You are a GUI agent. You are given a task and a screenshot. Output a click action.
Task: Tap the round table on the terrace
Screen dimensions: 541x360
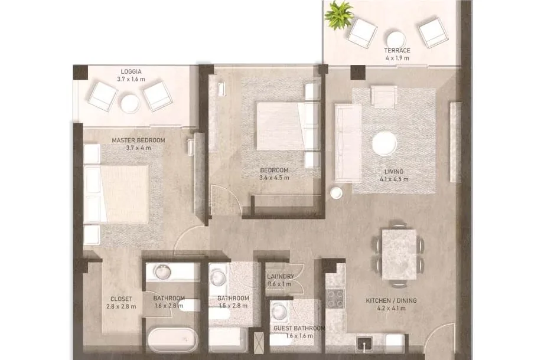395,40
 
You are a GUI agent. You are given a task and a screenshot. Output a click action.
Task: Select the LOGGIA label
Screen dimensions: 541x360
131,72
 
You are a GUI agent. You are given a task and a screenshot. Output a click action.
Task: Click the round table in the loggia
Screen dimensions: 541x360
131,103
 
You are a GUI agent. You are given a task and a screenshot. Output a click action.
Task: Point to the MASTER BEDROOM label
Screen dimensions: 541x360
138,140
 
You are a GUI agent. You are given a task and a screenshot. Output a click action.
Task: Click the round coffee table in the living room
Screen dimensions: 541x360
384,143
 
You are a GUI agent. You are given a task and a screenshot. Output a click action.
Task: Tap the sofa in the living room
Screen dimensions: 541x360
348,143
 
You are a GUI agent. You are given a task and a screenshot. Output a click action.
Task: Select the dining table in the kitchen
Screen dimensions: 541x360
399,255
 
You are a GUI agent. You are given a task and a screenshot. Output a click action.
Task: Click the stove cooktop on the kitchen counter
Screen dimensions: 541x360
335,298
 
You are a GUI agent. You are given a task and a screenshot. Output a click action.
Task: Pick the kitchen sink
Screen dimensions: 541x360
364,343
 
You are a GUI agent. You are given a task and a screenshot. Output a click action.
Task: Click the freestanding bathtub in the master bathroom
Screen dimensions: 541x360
172,340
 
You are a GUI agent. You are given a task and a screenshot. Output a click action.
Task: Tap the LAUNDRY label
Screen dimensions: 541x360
281,277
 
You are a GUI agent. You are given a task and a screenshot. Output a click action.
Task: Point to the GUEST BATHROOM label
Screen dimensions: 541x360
299,328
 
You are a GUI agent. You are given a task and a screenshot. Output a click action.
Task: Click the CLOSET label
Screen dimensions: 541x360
121,299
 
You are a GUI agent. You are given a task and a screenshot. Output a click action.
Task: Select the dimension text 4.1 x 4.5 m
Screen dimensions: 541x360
394,179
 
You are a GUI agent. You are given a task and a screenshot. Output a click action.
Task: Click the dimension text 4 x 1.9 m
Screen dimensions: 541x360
397,58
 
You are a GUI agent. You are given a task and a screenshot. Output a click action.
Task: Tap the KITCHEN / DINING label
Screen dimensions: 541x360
391,301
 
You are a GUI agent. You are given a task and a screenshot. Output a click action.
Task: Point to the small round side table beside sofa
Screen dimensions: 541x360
336,193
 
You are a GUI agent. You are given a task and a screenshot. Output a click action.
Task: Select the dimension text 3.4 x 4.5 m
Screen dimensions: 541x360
274,178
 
